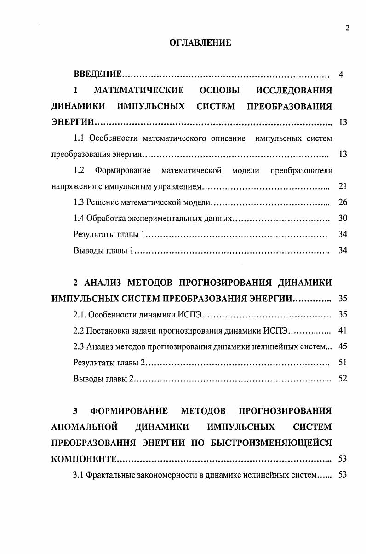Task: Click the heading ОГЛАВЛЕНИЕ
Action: pos(200,43)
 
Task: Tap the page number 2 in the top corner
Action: pos(347,28)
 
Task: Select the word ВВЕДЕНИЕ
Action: pos(97,74)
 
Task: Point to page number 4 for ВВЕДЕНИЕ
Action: pos(341,75)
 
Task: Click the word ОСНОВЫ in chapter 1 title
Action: pos(217,90)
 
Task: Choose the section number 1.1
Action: pos(79,138)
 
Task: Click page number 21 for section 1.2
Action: pos(342,186)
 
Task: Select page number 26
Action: pos(342,202)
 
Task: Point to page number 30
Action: pos(342,219)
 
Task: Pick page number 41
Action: pos(342,330)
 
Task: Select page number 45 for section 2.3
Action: pos(342,346)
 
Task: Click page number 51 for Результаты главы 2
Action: pos(342,363)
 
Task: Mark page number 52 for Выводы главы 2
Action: pos(342,379)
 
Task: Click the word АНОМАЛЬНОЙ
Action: pos(85,427)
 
